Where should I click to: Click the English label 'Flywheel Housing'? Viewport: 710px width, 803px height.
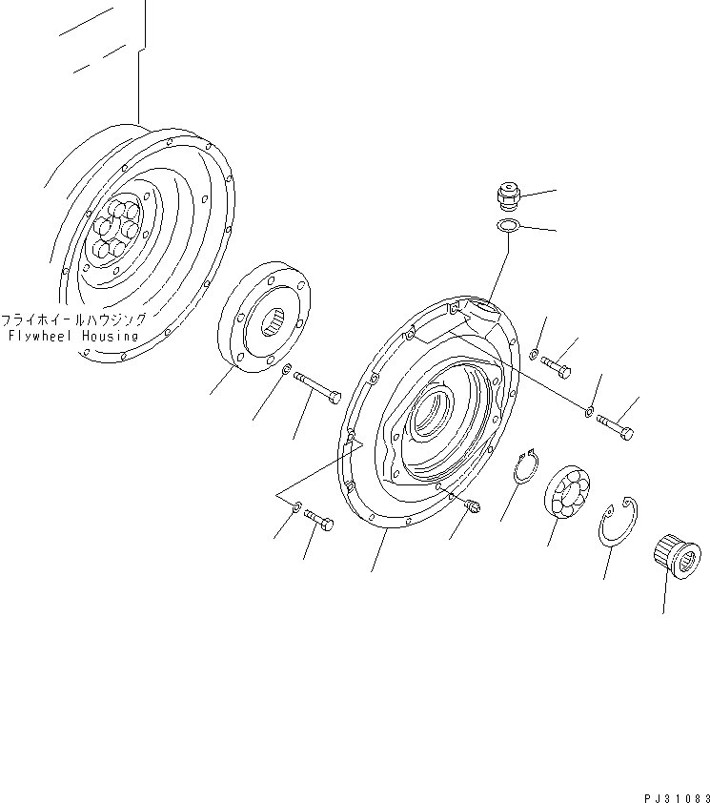pos(72,337)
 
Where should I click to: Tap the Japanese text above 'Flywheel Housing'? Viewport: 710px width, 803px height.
pos(73,320)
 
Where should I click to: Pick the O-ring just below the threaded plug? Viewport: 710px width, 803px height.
pos(508,225)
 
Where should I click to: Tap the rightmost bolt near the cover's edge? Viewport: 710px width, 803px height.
pos(615,428)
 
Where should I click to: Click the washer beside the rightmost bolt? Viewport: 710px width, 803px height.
pos(591,412)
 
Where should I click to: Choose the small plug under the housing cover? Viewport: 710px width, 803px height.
pos(473,507)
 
